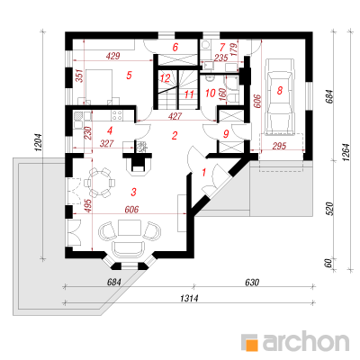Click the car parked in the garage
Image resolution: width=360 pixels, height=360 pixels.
pos(280,96)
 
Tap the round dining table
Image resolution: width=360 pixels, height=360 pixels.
pos(100,183)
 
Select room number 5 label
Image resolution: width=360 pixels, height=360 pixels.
pos(129,75)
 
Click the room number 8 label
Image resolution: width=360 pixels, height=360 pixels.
pos(280,90)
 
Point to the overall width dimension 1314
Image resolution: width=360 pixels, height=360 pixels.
pos(189,298)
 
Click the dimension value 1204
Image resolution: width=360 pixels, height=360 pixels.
pos(40,143)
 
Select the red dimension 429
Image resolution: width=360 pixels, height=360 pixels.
pos(113,56)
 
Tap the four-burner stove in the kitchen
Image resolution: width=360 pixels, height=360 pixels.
pos(117,115)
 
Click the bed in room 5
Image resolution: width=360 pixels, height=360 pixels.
pos(99,86)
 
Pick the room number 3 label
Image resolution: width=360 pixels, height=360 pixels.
pos(133,192)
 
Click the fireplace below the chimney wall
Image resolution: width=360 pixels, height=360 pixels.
pos(138,166)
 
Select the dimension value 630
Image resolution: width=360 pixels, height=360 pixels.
pos(252,283)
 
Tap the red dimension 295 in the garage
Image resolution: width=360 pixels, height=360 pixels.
pos(279,146)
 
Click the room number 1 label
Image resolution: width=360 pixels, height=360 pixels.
pos(204,173)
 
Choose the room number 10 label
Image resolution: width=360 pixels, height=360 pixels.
pos(211,93)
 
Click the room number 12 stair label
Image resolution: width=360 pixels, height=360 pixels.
pos(165,78)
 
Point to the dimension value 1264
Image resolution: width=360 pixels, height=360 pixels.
pos(346,152)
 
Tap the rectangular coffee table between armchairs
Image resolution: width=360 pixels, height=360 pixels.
pos(130,228)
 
